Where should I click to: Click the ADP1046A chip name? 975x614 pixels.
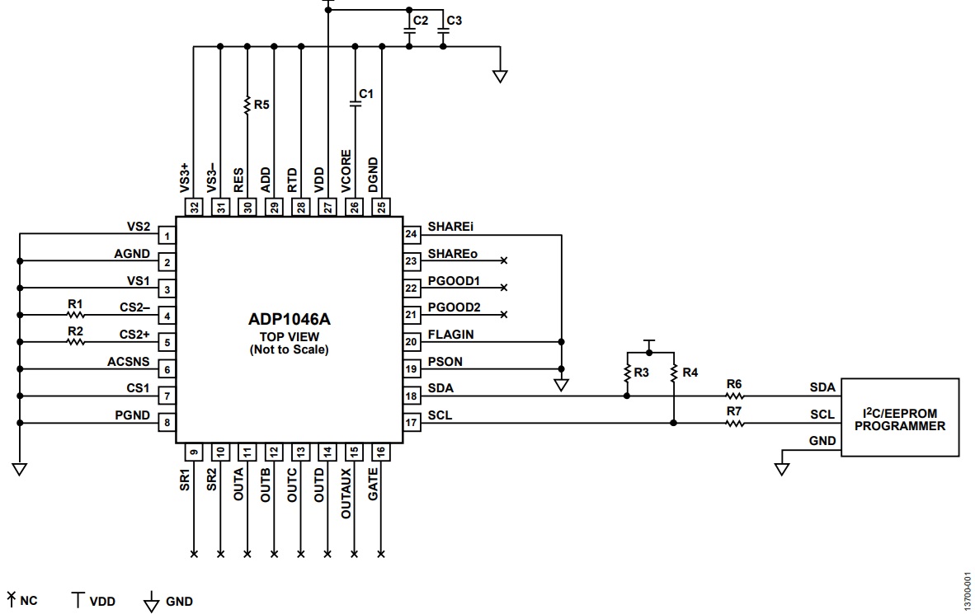point(290,320)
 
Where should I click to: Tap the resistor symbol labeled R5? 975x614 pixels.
point(247,105)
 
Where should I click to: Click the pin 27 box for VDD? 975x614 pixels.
point(327,207)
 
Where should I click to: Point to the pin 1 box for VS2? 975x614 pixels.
point(167,236)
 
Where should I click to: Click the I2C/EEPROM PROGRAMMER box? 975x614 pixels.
point(900,418)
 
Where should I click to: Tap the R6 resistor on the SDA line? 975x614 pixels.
point(734,396)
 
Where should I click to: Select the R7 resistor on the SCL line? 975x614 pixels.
point(734,424)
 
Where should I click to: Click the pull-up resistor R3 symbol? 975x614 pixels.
point(627,373)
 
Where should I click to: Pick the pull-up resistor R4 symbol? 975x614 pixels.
point(673,373)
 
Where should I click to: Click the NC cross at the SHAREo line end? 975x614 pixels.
point(504,260)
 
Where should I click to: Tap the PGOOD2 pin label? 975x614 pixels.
point(454,307)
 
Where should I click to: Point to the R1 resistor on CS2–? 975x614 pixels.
point(75,315)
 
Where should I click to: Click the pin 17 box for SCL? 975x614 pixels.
point(411,423)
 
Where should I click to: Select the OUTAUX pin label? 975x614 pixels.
point(346,494)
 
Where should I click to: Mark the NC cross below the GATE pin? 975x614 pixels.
point(381,554)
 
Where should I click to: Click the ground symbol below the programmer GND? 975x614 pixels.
point(782,469)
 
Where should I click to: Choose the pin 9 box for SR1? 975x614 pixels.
point(193,452)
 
